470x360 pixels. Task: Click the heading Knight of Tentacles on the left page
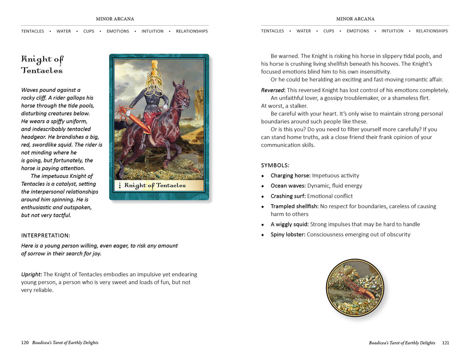point(42,64)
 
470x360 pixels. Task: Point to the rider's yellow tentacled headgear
point(155,73)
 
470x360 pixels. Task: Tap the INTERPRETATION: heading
point(45,235)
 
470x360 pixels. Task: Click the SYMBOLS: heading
point(275,165)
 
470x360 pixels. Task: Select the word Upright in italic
point(31,274)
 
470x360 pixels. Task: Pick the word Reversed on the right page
point(273,90)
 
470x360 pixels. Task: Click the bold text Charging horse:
point(291,176)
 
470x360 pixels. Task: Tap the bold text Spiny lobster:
point(288,234)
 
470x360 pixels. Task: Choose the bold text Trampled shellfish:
point(294,206)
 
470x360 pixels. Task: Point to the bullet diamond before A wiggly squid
point(263,225)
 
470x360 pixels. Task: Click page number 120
point(25,343)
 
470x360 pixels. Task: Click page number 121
point(445,343)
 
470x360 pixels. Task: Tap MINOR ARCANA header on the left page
point(115,19)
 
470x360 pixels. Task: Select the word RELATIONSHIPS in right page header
point(431,31)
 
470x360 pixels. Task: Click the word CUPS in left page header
point(89,31)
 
